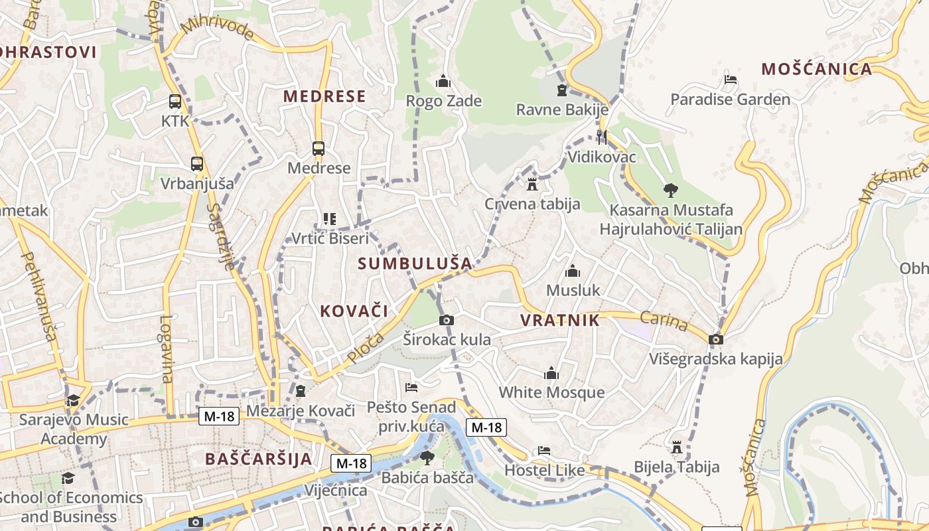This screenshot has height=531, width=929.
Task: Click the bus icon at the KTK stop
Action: tap(175, 102)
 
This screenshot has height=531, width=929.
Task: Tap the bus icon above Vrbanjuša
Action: tap(197, 164)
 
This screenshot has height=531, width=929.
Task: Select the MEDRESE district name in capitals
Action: tap(324, 96)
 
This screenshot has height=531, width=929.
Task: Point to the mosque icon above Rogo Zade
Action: tap(443, 82)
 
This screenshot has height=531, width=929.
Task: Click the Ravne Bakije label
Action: tap(562, 110)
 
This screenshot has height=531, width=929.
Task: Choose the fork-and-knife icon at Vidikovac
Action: tap(602, 137)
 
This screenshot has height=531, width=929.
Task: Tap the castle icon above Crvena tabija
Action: tap(532, 184)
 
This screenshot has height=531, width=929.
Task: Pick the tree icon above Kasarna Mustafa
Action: tap(671, 190)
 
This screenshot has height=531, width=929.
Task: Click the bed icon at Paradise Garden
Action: tap(730, 80)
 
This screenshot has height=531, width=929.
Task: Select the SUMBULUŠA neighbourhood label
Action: tap(415, 264)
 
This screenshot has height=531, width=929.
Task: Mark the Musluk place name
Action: tap(573, 290)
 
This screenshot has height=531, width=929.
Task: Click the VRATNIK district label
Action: tap(559, 321)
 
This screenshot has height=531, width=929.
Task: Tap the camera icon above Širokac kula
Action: tap(447, 321)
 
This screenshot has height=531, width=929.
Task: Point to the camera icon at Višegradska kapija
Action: tap(715, 340)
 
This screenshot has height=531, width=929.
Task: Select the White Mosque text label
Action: tap(551, 392)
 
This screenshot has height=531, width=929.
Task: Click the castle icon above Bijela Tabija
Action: tap(677, 447)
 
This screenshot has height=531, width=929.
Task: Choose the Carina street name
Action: tap(664, 322)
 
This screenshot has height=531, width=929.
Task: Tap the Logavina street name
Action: tap(166, 348)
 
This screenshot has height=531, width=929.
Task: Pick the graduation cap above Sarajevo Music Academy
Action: tap(73, 400)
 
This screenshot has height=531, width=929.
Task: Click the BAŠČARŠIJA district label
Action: tap(258, 459)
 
